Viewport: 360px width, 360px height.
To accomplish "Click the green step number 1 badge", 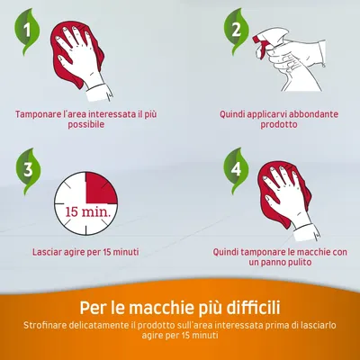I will point(29,32).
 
